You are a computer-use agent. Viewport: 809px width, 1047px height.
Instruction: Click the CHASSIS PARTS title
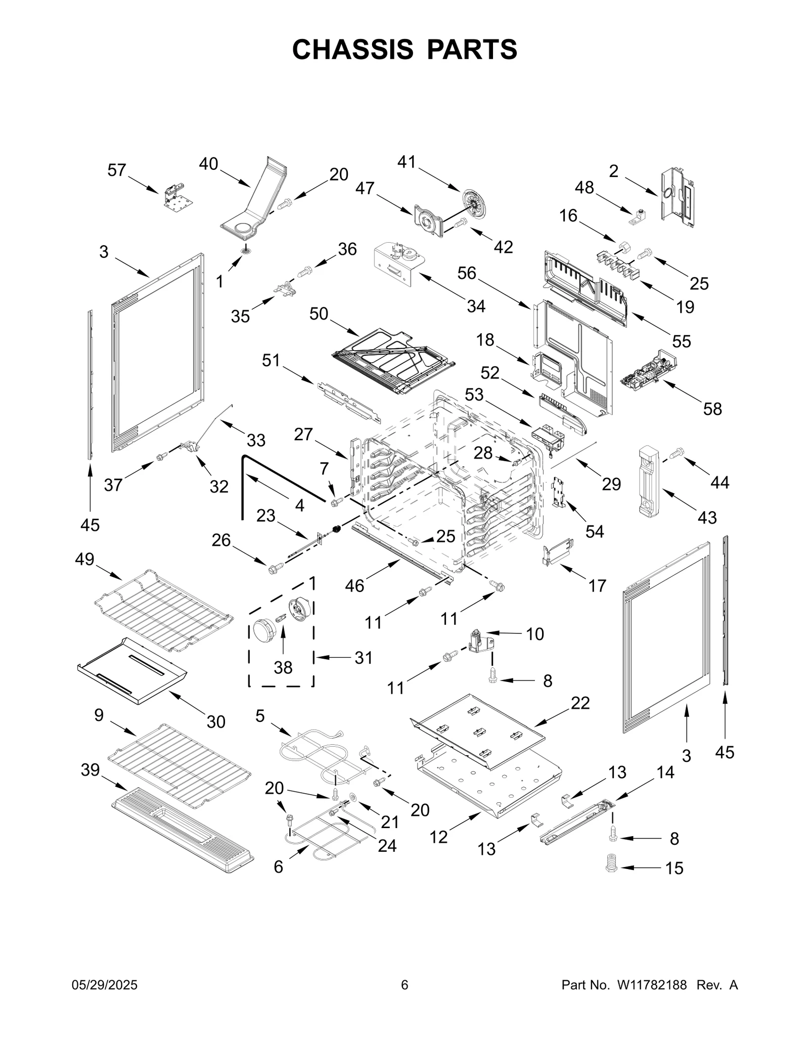tap(404, 49)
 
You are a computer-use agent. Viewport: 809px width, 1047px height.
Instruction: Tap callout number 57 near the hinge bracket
tap(116, 170)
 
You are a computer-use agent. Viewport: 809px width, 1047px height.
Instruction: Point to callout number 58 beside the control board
tap(712, 408)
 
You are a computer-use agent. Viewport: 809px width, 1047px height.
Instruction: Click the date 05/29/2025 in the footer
tap(105, 985)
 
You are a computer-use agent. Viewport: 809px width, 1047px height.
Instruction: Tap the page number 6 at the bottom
tap(404, 985)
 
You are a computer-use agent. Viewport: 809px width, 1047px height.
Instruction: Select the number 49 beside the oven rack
tap(84, 559)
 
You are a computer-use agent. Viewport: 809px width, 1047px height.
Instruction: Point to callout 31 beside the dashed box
tap(363, 658)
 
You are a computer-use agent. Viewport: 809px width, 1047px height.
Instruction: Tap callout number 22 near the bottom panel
tap(580, 703)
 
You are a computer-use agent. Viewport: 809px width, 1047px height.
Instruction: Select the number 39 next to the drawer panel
tap(91, 769)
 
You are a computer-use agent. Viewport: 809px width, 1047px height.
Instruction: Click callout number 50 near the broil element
tap(319, 314)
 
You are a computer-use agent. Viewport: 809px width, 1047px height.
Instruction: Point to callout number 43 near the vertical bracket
tap(707, 517)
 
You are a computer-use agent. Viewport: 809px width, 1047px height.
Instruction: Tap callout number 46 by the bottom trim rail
tap(354, 585)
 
